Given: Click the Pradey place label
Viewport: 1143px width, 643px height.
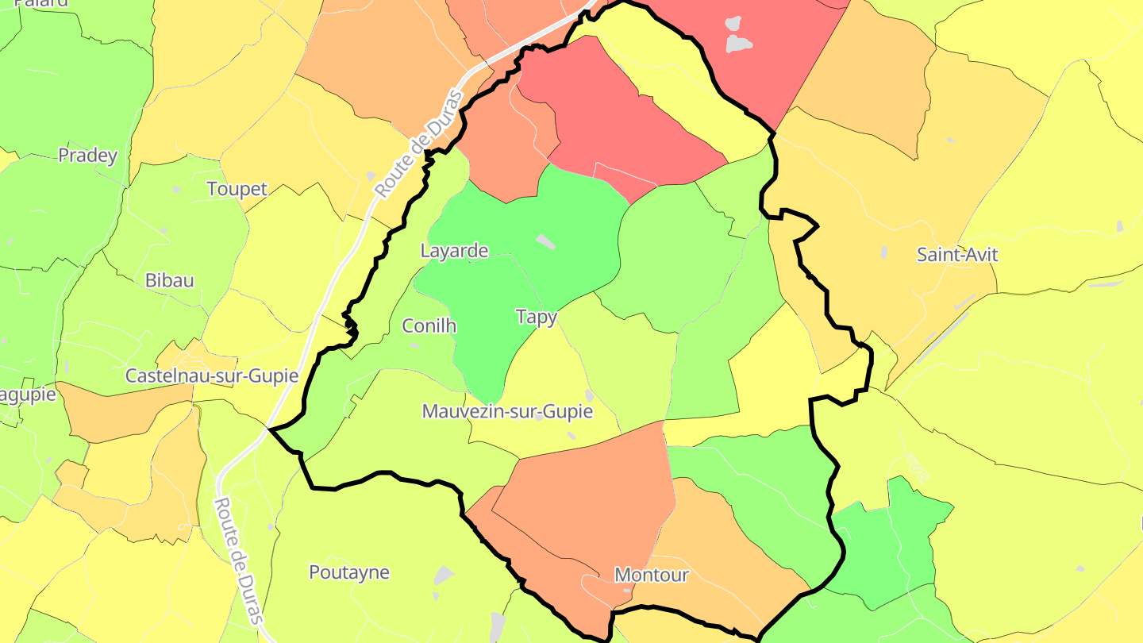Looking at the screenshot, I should click(x=87, y=156).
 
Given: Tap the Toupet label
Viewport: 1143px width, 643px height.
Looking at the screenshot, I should click(x=237, y=189).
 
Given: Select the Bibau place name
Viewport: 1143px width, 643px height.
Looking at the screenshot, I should click(x=169, y=280).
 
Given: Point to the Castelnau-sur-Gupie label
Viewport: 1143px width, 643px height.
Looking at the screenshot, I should click(x=212, y=375).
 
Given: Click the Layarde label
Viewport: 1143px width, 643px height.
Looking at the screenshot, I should click(x=454, y=252).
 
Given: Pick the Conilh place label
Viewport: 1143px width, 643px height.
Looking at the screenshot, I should click(x=429, y=325).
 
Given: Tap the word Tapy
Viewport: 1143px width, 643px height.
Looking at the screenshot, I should click(x=537, y=317).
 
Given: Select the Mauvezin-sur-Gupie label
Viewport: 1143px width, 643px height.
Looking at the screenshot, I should click(x=508, y=412).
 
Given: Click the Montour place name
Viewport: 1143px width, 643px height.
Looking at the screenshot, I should click(x=651, y=575).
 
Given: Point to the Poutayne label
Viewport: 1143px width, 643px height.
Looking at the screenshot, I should click(x=349, y=572).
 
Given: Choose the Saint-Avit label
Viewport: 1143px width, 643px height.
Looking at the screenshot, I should click(x=956, y=255).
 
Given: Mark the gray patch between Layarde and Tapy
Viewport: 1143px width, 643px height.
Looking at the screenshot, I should click(x=545, y=241).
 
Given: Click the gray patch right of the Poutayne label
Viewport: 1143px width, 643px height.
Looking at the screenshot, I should click(x=444, y=575).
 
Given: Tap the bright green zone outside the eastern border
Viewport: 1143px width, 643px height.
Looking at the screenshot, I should click(x=897, y=540).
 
